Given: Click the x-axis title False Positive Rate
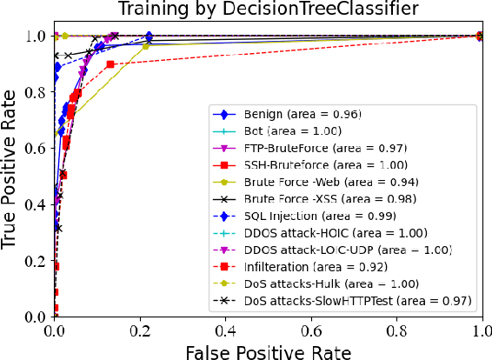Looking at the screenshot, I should point(269,350).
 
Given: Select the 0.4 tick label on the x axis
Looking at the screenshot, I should point(226,330).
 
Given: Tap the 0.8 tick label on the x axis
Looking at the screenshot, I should point(397,330).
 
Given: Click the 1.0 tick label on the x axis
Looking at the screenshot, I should point(481,330).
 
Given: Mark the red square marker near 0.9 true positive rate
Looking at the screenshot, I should point(110,64).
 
